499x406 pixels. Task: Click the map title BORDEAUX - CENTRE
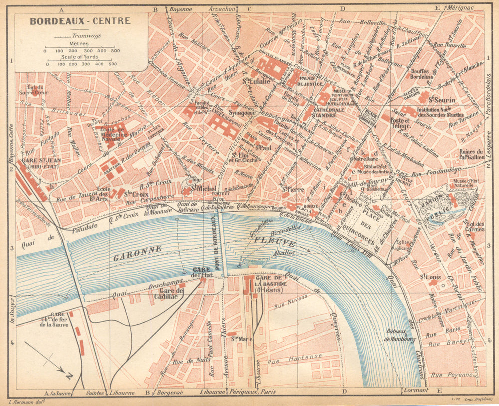[x=80, y=21]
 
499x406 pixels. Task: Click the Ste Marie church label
[x=241, y=339]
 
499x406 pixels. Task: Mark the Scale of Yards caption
[x=81, y=56]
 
